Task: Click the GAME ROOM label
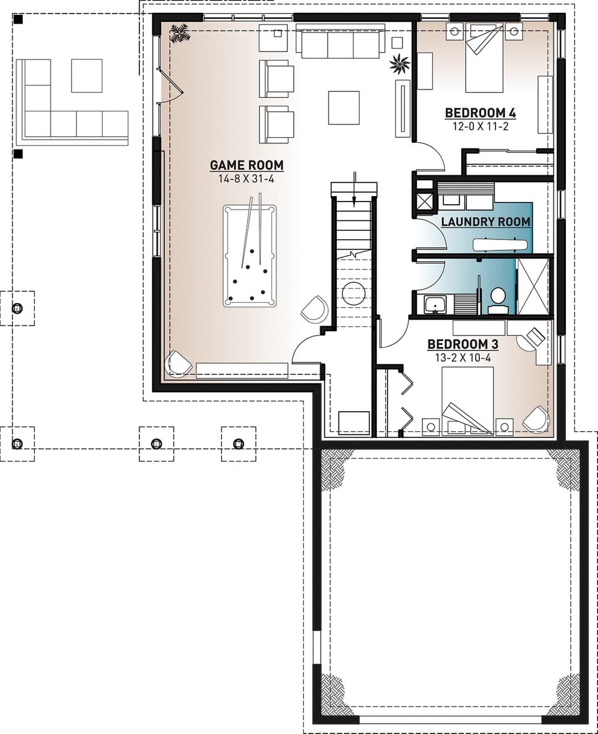(247, 166)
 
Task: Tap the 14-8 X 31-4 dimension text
(246, 179)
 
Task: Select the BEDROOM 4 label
(481, 113)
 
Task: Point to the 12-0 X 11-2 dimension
(481, 126)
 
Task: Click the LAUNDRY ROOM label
(486, 222)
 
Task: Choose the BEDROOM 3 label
(463, 344)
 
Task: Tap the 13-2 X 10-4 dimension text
(463, 358)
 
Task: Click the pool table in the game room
(250, 256)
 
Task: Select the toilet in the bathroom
(498, 301)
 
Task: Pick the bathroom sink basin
(435, 304)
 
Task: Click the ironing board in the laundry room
(500, 245)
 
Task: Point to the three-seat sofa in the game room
(341, 41)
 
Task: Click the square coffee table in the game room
(344, 107)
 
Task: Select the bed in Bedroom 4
(484, 58)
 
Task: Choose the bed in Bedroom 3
(468, 401)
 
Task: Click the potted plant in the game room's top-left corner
(180, 33)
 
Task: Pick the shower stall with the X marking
(533, 286)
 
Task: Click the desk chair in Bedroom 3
(535, 337)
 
